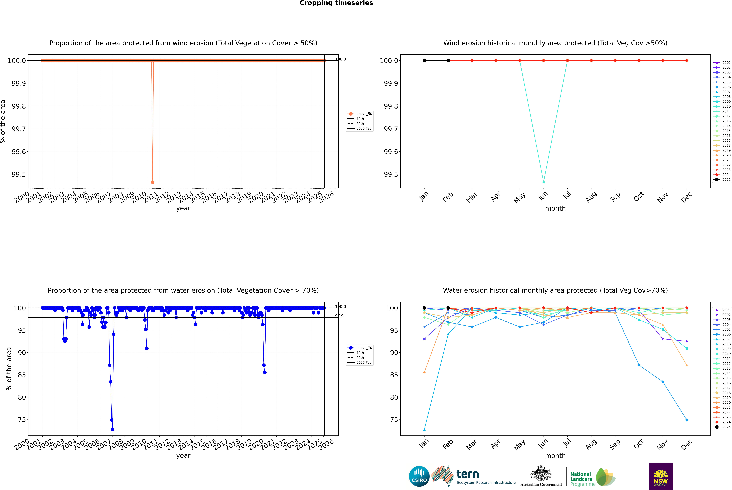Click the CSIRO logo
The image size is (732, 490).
pos(419,476)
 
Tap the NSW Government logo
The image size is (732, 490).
pos(661,476)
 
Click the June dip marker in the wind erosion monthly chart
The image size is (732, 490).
pos(544,182)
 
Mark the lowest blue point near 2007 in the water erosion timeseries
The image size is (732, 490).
pos(113,429)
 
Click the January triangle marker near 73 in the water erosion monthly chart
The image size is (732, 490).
pos(424,429)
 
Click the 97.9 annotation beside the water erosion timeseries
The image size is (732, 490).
pos(339,316)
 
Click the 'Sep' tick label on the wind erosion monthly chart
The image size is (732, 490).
pos(615,197)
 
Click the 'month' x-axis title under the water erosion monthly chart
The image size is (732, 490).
pos(555,456)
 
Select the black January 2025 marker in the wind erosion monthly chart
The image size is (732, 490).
pos(424,61)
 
